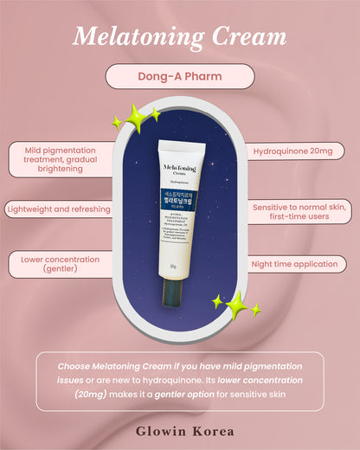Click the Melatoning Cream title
[179, 36]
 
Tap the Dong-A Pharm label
[179, 76]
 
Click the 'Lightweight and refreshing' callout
[59, 209]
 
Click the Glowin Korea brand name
[179, 428]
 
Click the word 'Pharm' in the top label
[203, 76]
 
